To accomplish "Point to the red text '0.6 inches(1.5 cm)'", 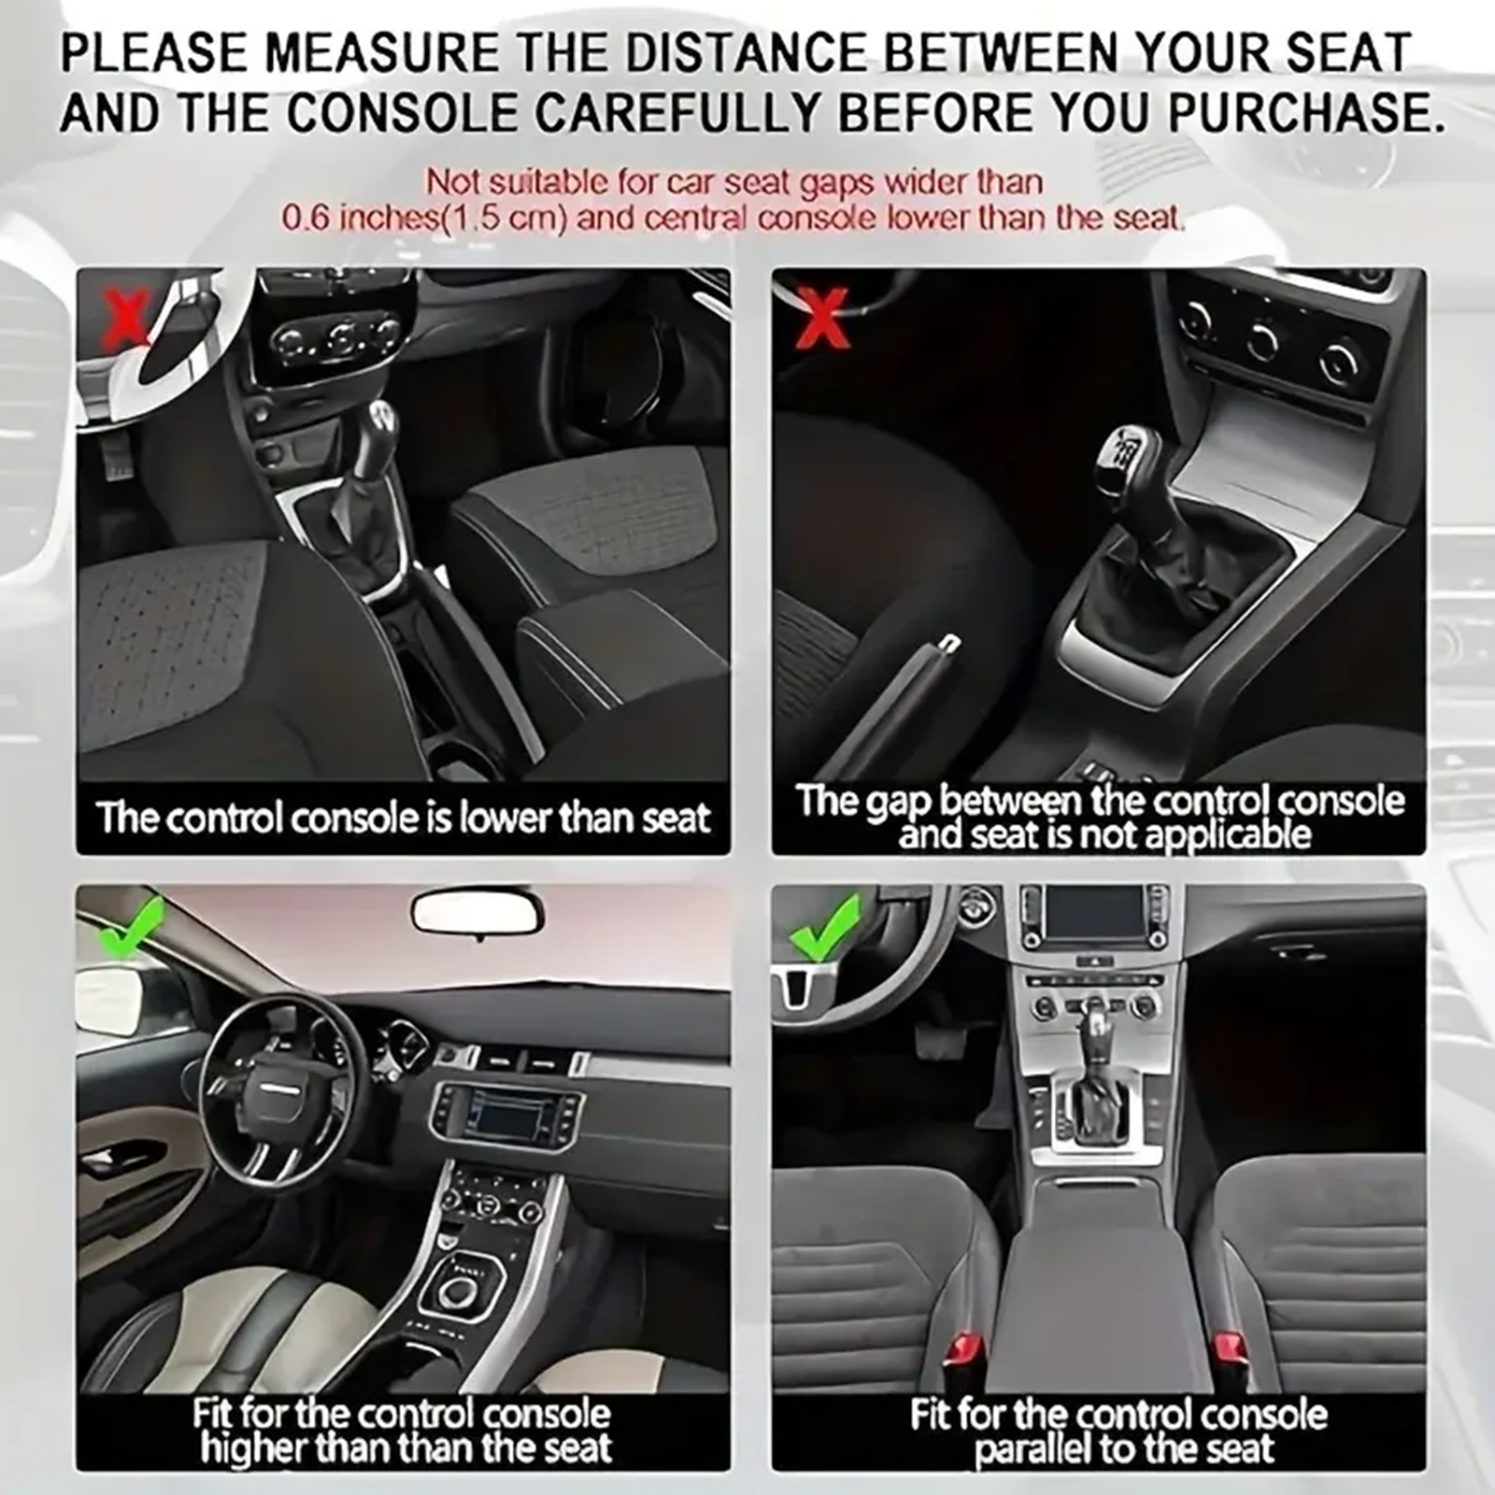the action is pos(424,218).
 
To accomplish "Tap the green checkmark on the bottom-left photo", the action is pos(131,924).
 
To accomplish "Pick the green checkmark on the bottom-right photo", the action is pos(826,926).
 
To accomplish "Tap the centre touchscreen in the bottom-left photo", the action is pos(508,1117).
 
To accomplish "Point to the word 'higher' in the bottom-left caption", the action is pos(254,1448).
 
